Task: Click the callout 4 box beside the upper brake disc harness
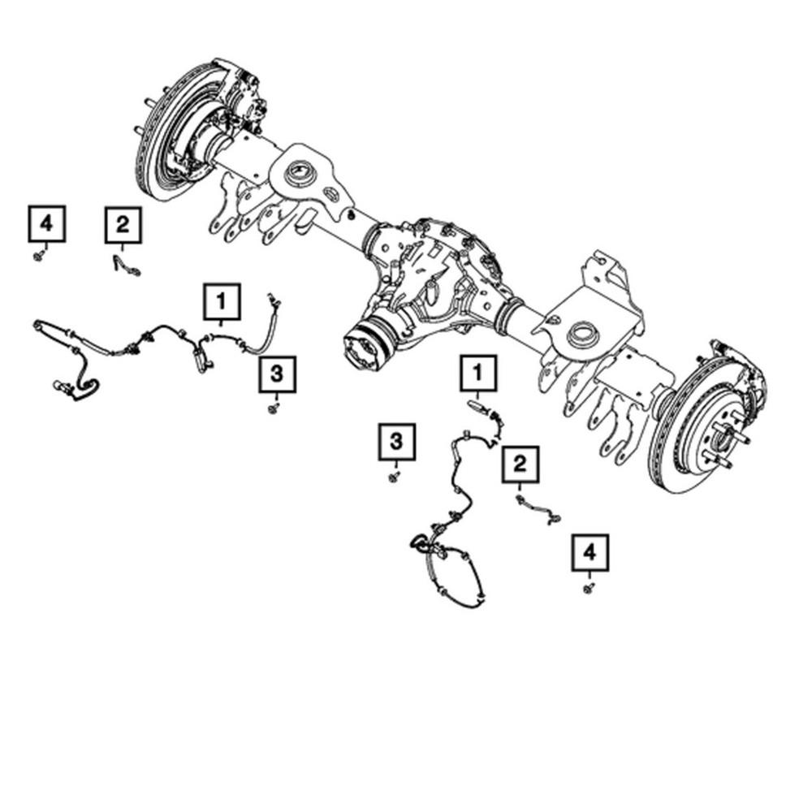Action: click(46, 224)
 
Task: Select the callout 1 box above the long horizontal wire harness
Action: click(222, 301)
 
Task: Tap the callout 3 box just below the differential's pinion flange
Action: click(278, 374)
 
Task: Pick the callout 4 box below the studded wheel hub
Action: click(590, 552)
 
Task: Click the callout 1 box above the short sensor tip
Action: click(478, 373)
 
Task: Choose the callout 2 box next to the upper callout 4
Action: click(123, 225)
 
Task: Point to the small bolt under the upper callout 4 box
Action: click(38, 255)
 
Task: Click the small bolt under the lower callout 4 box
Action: click(588, 588)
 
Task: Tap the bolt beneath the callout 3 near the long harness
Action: click(274, 408)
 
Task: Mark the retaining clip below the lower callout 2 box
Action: click(538, 510)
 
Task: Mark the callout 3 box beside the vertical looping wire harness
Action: click(397, 442)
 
